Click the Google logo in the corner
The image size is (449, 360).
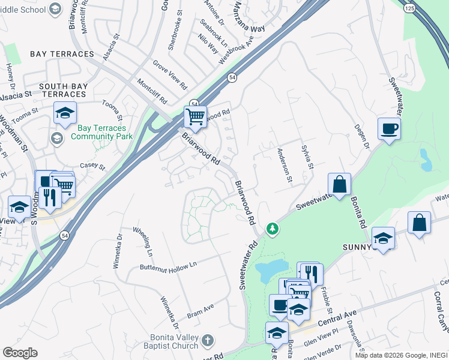point(20,353)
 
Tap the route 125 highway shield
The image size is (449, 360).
point(409,8)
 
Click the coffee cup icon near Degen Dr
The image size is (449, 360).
point(389,128)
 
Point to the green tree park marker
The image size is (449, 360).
point(273,229)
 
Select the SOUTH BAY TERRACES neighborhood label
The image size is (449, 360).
point(63,90)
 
